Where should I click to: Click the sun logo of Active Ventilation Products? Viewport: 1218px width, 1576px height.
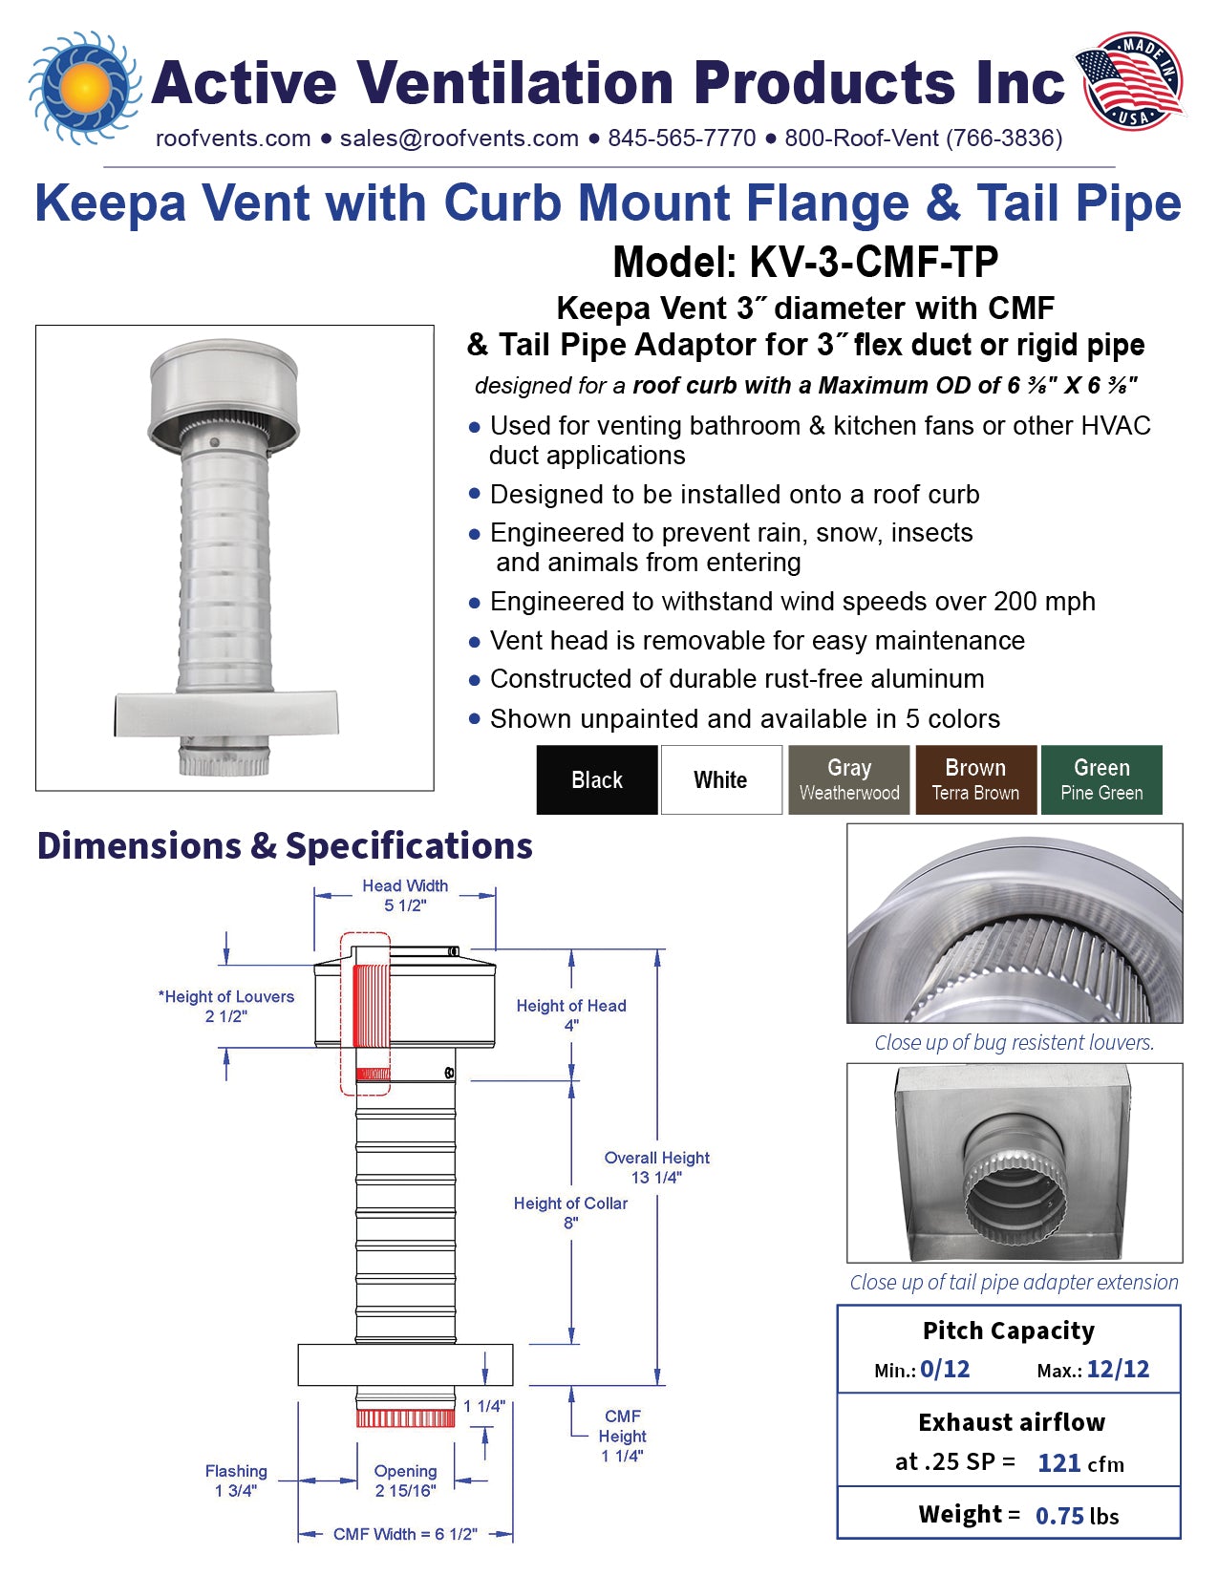click(83, 87)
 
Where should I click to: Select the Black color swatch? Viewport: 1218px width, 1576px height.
click(597, 779)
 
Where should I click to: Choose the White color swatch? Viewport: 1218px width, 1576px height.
click(721, 779)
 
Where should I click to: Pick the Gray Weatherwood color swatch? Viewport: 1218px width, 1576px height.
click(849, 779)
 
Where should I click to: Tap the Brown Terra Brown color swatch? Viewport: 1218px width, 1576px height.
click(975, 779)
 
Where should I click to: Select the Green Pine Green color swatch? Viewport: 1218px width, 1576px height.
click(1101, 779)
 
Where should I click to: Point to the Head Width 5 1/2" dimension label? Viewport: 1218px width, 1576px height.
click(405, 895)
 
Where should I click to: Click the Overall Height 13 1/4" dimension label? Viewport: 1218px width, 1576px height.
click(657, 1167)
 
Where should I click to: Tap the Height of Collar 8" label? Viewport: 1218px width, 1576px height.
click(570, 1212)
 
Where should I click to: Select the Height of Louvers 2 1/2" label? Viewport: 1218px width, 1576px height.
click(226, 1006)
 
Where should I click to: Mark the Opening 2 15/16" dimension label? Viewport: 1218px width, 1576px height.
click(405, 1480)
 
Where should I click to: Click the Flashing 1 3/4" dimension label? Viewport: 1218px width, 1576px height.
click(236, 1480)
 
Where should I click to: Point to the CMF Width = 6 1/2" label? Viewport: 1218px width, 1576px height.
click(405, 1534)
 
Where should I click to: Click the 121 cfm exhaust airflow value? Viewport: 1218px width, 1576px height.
click(1080, 1462)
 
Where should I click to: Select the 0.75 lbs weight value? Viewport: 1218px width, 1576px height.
click(1077, 1516)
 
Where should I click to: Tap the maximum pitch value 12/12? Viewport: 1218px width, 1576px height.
click(1118, 1369)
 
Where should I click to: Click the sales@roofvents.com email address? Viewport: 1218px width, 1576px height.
click(459, 138)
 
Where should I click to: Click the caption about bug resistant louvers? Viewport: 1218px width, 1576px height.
click(1014, 1042)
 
